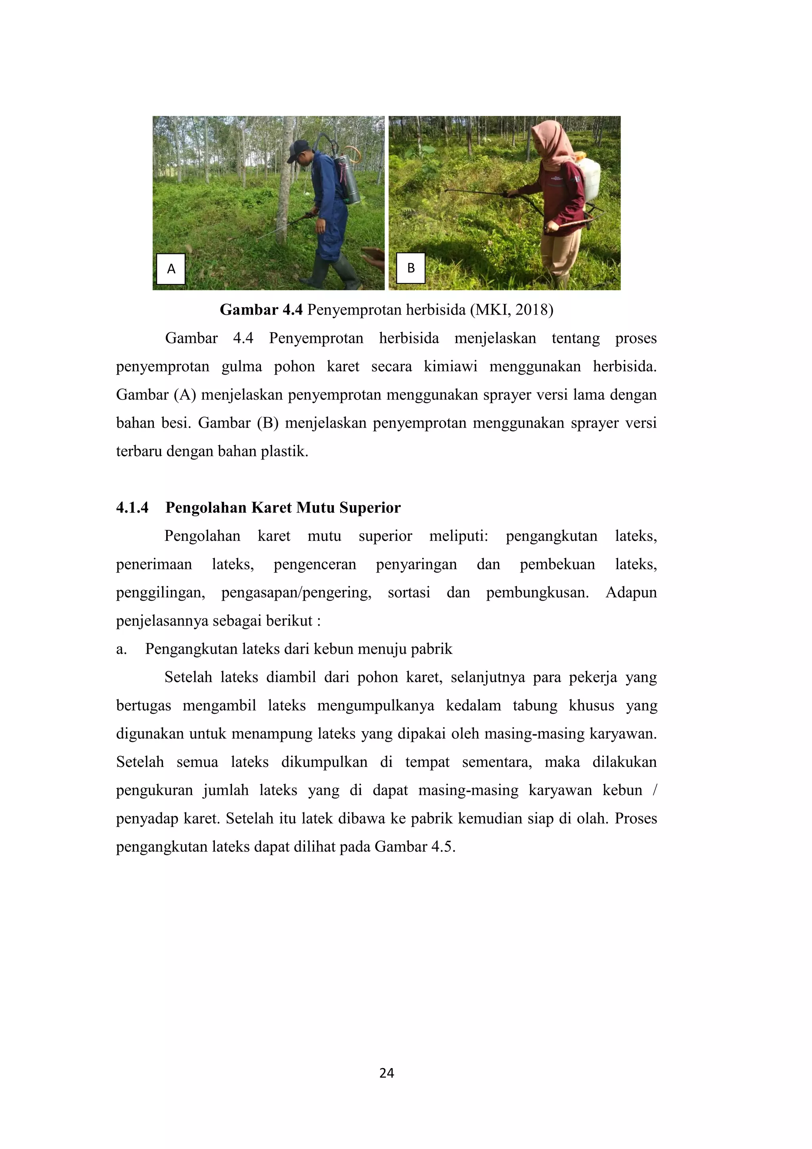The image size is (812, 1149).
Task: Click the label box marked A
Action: coord(170,269)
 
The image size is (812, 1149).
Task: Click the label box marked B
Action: coord(410,269)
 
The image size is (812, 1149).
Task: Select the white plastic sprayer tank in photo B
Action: coord(588,178)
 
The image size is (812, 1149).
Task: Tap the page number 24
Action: coord(387,1073)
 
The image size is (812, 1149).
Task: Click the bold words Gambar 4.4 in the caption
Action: coord(261,310)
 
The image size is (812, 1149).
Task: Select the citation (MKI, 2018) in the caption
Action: coord(511,310)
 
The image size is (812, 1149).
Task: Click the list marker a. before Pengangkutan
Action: coord(121,649)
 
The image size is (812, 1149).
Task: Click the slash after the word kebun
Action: coord(655,790)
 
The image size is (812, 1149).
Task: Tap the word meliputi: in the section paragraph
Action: coord(458,536)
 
